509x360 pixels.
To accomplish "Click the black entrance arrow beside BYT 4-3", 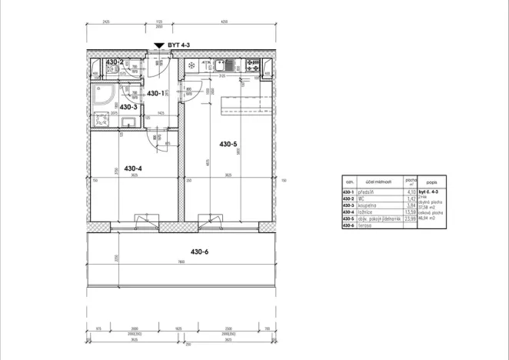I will (x=158, y=47).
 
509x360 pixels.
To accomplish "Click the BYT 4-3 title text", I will (x=178, y=46).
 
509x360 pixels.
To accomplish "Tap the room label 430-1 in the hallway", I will (x=155, y=94).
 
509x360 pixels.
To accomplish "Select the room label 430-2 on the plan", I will (x=115, y=62).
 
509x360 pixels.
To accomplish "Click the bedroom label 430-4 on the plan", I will (x=133, y=168).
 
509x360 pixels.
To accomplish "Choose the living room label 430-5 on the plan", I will (x=229, y=144).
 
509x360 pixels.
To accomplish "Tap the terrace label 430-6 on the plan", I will (x=201, y=251).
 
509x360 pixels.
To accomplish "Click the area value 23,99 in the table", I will (x=410, y=218).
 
